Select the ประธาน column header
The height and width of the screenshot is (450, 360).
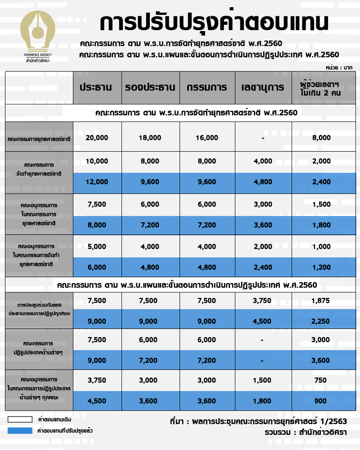(96, 87)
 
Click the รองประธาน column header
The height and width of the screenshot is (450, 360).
(150, 87)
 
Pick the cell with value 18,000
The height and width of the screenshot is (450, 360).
(150, 138)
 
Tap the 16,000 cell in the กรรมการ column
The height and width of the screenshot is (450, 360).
(207, 138)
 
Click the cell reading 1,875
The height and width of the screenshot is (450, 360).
(321, 301)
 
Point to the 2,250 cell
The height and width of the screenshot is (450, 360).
(321, 321)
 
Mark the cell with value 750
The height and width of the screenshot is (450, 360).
(321, 380)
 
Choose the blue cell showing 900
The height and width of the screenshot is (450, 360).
(321, 401)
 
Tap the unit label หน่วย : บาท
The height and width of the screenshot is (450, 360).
(338, 67)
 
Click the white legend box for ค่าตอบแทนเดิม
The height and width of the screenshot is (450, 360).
(20, 419)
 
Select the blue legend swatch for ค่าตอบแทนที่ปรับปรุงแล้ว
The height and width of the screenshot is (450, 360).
(20, 431)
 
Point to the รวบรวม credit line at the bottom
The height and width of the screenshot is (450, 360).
(306, 432)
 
